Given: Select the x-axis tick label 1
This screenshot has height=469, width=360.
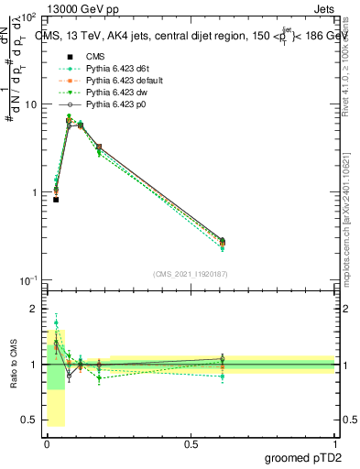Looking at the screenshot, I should tap(334, 442).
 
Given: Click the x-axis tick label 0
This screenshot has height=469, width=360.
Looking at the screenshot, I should tap(47, 442).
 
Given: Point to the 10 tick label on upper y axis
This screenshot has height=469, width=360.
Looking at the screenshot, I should tap(31, 104).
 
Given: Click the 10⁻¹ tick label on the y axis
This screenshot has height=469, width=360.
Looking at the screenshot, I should tap(28, 279).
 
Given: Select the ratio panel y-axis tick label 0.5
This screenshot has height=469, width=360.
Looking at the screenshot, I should tap(30, 420).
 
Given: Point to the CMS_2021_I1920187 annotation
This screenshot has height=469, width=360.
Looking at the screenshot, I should tap(191, 274).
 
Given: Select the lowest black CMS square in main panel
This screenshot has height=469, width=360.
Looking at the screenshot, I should tap(56, 199).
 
